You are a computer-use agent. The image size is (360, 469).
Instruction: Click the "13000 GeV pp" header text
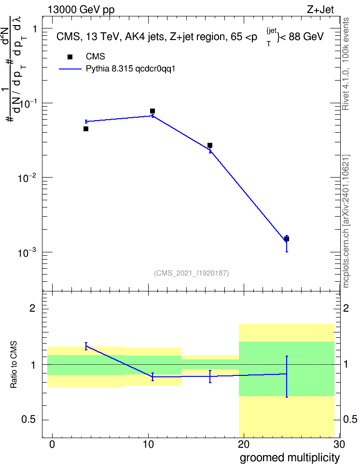tap(81, 10)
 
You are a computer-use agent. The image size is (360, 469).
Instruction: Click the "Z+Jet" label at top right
tap(320, 10)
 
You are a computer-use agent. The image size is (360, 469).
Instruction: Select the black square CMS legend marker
tap(70, 57)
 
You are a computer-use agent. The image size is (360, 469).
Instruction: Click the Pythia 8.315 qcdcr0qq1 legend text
tap(130, 69)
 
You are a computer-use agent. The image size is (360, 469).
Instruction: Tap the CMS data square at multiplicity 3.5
tap(86, 129)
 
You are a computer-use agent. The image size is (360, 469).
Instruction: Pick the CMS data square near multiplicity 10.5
tap(152, 111)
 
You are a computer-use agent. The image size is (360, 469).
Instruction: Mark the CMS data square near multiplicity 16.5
tap(210, 145)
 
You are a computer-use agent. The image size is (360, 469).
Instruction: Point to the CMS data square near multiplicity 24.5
tap(286, 239)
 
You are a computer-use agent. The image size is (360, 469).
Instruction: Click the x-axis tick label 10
tap(148, 444)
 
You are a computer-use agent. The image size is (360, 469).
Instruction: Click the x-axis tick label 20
tap(244, 444)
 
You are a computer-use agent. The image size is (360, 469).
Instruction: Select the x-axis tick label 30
tap(339, 444)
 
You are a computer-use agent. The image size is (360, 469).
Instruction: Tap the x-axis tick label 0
tap(53, 444)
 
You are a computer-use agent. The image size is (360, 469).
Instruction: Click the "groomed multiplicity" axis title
tap(290, 458)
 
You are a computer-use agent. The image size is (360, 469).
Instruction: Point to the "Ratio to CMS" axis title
tap(14, 365)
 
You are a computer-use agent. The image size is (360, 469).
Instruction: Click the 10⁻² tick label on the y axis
tap(27, 178)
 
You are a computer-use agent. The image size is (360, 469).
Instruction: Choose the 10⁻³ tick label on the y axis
tap(27, 253)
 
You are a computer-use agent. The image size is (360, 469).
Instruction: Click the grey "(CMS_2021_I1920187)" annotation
tap(192, 273)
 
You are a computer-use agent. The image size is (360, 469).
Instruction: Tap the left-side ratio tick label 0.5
tap(29, 420)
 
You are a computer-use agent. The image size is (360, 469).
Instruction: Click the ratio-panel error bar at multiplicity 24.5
tap(287, 376)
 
